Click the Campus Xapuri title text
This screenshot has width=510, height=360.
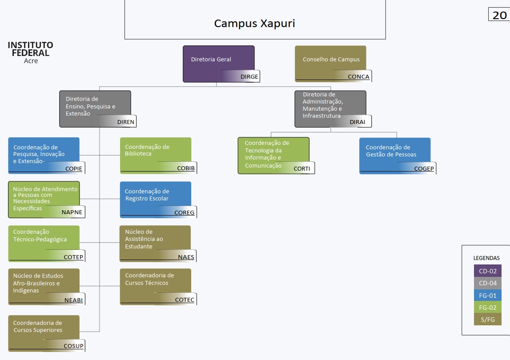[x=254, y=24]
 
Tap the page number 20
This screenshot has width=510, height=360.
[x=499, y=15]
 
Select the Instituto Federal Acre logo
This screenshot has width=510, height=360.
[x=30, y=52]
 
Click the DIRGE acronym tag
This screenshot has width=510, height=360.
[x=249, y=76]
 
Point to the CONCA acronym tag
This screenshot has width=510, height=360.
[x=358, y=76]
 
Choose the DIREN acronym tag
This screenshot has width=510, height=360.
[x=125, y=122]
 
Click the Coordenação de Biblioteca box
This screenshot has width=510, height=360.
[x=156, y=155]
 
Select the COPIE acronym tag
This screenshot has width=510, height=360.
[x=74, y=168]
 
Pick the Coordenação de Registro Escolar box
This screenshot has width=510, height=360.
[x=156, y=199]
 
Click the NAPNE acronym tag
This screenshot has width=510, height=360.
[x=72, y=212]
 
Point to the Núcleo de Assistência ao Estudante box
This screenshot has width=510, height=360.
[x=155, y=243]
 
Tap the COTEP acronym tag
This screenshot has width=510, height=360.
[x=73, y=257]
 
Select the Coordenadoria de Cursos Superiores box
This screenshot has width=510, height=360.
[x=44, y=332]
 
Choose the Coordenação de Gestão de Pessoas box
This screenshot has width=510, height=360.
[x=395, y=155]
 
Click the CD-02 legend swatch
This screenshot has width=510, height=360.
[x=487, y=271]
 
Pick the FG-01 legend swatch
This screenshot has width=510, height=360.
[x=487, y=295]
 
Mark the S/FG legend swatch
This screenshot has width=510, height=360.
[x=487, y=320]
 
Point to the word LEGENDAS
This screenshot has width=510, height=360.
[x=486, y=258]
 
